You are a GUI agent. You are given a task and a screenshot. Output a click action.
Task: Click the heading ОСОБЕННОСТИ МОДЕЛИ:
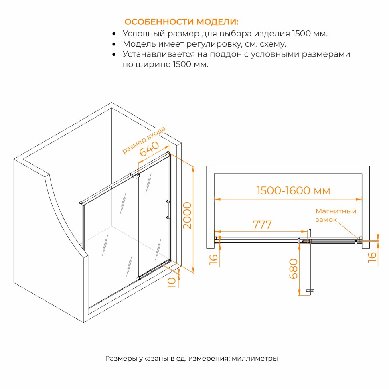click(x=181, y=22)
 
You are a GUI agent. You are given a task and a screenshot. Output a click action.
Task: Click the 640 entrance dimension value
click(x=149, y=149)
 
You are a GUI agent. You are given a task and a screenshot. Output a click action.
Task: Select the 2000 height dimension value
click(x=187, y=216)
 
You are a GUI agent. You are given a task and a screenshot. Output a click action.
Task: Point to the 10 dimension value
click(x=171, y=283)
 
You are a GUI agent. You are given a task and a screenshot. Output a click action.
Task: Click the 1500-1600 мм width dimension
click(x=293, y=191)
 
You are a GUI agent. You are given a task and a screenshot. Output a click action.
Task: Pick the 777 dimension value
click(x=262, y=225)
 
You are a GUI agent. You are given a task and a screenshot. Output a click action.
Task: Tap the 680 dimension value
click(x=294, y=269)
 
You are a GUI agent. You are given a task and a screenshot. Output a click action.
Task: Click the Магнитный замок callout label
click(x=336, y=215)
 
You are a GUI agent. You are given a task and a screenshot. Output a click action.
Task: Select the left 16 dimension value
click(x=213, y=259)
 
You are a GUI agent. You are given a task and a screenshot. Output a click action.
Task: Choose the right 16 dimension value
click(x=372, y=257)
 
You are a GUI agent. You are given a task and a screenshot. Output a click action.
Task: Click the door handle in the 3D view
click(x=168, y=210)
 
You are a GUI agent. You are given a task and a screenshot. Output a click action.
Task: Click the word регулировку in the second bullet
click(x=214, y=44)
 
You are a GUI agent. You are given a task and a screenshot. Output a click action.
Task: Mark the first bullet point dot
click(x=114, y=34)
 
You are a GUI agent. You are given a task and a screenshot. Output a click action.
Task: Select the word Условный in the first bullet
click(x=144, y=34)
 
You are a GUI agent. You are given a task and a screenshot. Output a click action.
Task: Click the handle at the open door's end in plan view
click(x=310, y=290)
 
